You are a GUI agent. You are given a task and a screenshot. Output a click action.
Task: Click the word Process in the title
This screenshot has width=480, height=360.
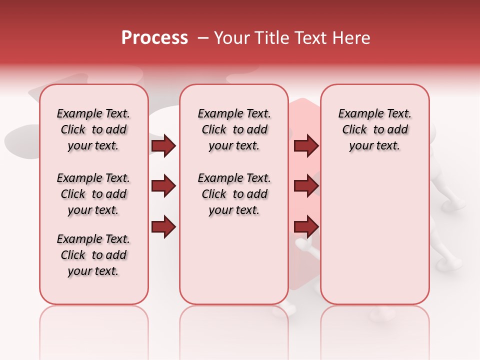pos(154,37)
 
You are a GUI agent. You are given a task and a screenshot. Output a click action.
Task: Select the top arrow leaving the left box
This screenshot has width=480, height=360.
pos(163,145)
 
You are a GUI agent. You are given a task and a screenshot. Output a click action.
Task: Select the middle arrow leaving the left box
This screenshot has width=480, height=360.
pos(163,186)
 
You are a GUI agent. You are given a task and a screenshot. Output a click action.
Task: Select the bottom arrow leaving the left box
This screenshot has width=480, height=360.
pos(163,227)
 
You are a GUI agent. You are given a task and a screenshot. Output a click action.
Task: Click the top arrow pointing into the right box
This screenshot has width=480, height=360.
pos(306,145)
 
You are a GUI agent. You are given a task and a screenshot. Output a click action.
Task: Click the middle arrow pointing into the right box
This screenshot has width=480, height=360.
pos(306,186)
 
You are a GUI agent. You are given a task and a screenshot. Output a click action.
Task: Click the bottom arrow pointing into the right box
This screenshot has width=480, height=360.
pos(306,227)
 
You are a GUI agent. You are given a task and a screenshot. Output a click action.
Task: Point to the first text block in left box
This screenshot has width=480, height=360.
pos(93,129)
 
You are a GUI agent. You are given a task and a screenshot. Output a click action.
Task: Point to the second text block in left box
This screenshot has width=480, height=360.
pos(93,194)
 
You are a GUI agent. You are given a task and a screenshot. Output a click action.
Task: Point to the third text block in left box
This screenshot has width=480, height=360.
pos(93,255)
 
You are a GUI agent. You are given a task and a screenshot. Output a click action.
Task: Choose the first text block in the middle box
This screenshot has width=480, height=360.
pos(234,129)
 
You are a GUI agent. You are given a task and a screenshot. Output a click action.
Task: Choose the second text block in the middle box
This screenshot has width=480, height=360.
pos(234,194)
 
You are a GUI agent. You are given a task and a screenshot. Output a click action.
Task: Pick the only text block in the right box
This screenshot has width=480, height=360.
pos(374,129)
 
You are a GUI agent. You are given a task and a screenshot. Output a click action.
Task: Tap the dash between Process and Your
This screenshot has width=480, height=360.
pos(202,38)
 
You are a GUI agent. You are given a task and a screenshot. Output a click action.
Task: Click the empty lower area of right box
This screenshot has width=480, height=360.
pos(374,240)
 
